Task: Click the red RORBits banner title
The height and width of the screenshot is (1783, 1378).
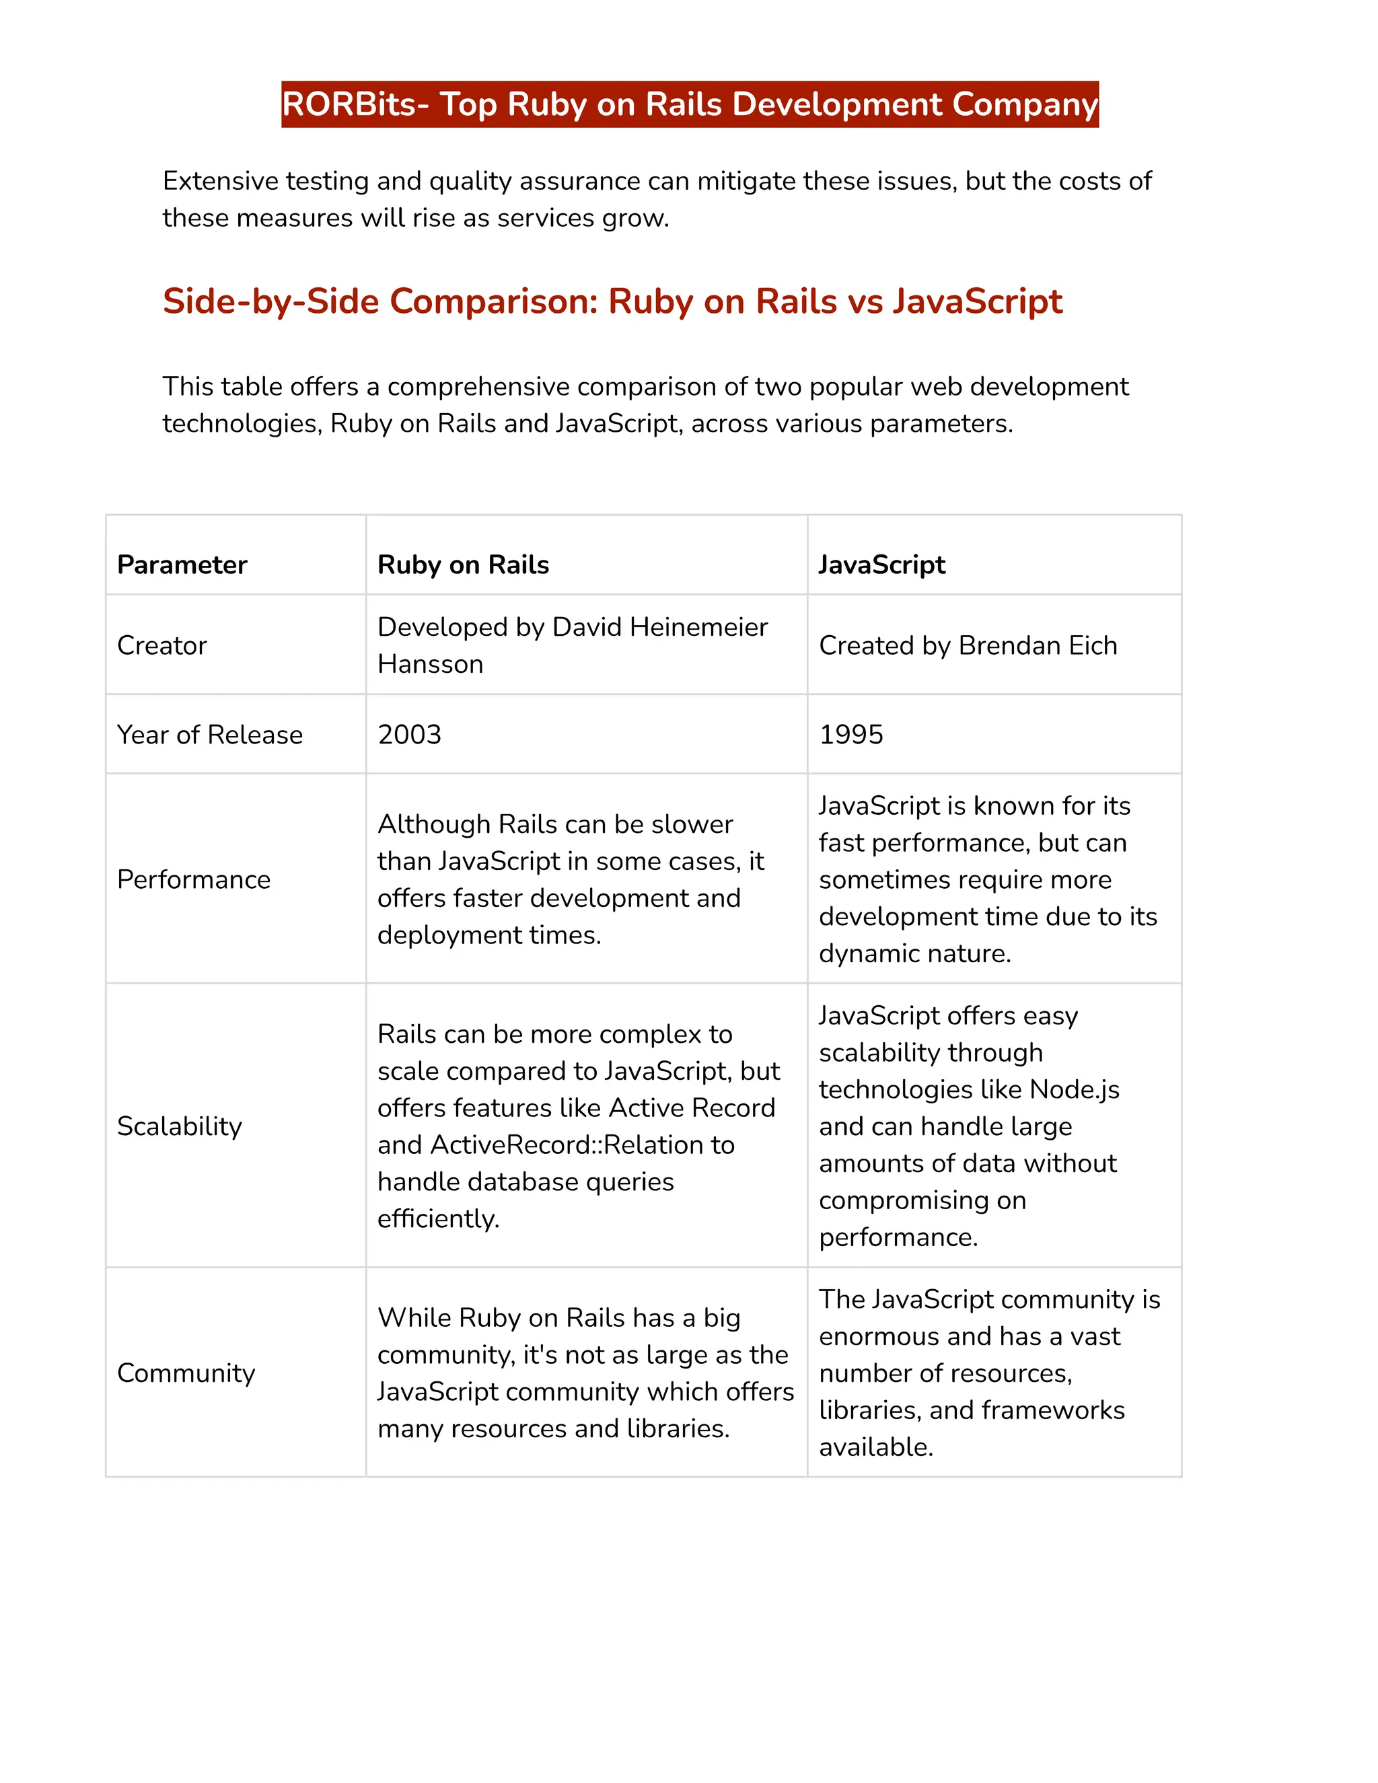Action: [689, 104]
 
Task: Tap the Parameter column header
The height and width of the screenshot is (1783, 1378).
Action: [182, 565]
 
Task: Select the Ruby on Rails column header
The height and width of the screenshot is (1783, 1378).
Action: [463, 565]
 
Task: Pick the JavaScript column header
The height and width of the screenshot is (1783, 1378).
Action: [881, 565]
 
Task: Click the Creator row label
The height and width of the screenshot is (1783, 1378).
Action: [161, 646]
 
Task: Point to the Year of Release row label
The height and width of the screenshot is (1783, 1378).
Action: [210, 735]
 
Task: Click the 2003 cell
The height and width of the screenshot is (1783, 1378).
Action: [409, 735]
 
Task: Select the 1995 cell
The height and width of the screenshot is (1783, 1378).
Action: [850, 735]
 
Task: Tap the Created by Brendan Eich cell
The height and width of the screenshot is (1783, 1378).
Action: [968, 646]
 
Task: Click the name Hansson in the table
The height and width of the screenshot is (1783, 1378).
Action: [430, 665]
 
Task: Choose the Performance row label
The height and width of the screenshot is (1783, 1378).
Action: [194, 880]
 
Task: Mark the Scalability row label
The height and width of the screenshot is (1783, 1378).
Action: [180, 1126]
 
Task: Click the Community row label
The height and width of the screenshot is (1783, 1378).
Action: [186, 1373]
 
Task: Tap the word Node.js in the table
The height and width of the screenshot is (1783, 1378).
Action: [1075, 1090]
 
